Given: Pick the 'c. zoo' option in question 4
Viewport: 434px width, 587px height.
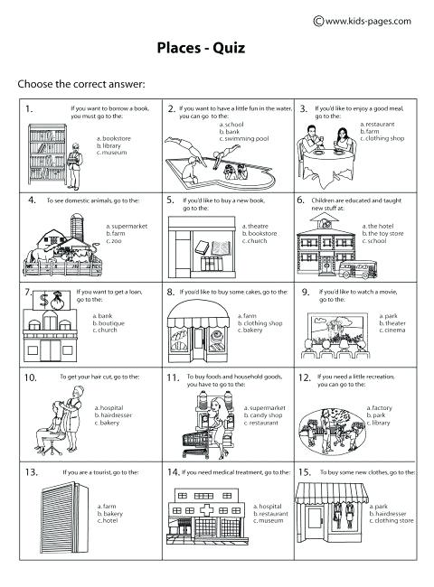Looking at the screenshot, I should pos(114,241).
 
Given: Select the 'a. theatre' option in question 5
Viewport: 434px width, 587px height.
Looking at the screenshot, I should pos(259,225).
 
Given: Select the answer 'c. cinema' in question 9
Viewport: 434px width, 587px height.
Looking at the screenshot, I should pos(394,331).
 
